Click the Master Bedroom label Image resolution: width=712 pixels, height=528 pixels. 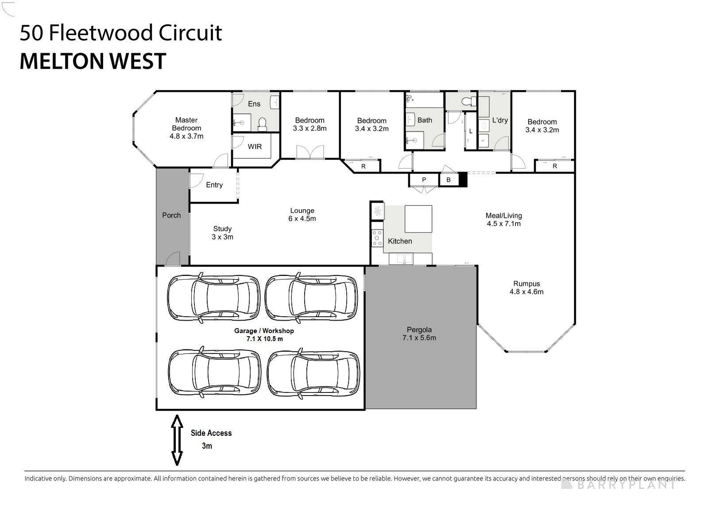tap(186, 124)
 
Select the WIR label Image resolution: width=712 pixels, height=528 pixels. tap(255, 147)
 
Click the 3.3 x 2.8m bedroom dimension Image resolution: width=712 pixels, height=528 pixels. tap(310, 129)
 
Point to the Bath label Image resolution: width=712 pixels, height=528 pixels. tap(425, 120)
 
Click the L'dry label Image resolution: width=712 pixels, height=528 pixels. tap(500, 120)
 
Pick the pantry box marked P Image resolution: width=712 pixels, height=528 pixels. tap(424, 180)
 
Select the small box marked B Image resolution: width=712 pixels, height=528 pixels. tap(449, 180)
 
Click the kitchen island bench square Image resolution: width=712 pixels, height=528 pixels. tap(418, 219)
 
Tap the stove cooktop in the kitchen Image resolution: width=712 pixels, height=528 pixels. tap(377, 238)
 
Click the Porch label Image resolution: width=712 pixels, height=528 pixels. tap(171, 215)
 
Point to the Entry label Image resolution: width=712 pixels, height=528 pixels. tap(214, 185)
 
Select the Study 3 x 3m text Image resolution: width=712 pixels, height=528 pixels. tap(222, 233)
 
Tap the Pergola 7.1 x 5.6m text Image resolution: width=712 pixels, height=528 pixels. tap(419, 334)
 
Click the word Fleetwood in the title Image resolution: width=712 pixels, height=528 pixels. tap(101, 33)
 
